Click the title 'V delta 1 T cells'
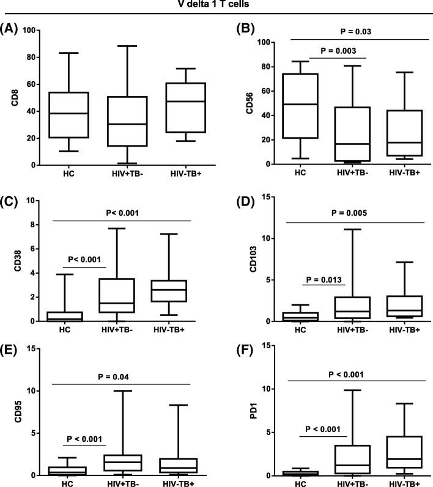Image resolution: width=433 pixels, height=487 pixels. [216, 7]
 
